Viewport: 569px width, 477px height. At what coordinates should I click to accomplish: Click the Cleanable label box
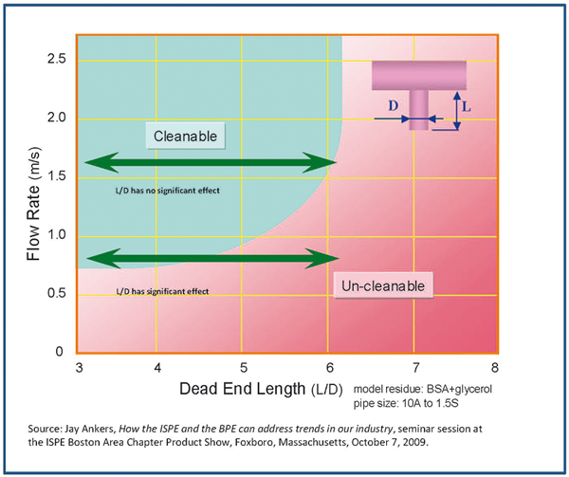(186, 136)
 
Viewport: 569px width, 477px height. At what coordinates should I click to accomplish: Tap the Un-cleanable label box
(383, 285)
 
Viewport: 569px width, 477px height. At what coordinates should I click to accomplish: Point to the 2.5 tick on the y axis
(57, 59)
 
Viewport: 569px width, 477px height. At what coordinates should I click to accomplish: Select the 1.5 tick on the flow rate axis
(57, 176)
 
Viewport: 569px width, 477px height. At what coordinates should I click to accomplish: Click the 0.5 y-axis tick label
(57, 293)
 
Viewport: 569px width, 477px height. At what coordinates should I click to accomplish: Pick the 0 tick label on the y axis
(59, 352)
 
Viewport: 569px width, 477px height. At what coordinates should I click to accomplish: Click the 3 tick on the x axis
(79, 368)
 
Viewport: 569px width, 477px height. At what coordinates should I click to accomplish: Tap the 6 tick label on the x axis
(329, 368)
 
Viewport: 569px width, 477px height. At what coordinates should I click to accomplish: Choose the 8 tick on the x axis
(495, 368)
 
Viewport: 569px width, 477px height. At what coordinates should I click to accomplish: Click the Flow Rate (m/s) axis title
(34, 204)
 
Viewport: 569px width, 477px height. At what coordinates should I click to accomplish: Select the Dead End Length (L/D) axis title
(261, 389)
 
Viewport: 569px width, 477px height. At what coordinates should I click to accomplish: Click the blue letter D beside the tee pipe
(394, 106)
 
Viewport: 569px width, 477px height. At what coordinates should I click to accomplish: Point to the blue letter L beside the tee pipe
(467, 107)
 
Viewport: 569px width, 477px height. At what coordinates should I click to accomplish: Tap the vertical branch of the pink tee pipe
(419, 110)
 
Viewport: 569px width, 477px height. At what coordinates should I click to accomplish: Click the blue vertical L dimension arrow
(457, 111)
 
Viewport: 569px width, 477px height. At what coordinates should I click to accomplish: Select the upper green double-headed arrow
(211, 162)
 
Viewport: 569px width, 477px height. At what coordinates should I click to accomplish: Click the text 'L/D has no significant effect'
(168, 191)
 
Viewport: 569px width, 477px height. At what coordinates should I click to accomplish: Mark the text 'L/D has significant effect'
(162, 291)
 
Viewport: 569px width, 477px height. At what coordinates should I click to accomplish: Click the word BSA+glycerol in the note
(459, 389)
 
